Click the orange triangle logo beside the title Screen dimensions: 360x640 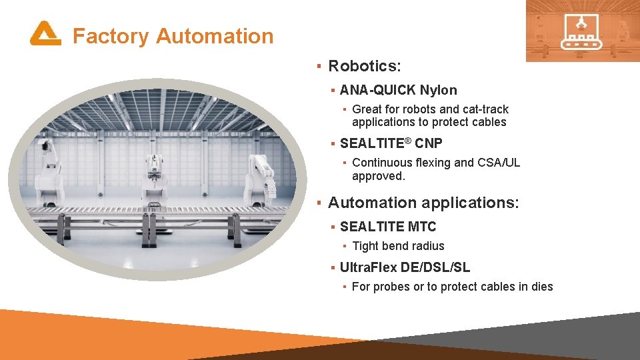click(x=45, y=33)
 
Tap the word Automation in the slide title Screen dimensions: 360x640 click(x=214, y=36)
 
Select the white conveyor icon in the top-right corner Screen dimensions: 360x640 click(x=582, y=31)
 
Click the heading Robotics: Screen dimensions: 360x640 click(x=364, y=66)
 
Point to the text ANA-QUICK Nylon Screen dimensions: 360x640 click(x=398, y=90)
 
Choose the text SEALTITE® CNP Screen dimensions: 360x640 click(x=391, y=143)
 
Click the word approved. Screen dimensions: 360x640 click(x=377, y=176)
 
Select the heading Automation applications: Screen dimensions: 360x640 click(x=423, y=203)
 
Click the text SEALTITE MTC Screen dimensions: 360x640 click(x=387, y=227)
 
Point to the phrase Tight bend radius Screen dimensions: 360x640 click(x=398, y=246)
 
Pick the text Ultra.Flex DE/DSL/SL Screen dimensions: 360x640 click(x=405, y=267)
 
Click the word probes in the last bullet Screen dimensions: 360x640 click(x=391, y=287)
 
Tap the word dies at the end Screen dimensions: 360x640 click(x=541, y=287)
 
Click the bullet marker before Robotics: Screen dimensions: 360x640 click(x=319, y=66)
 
